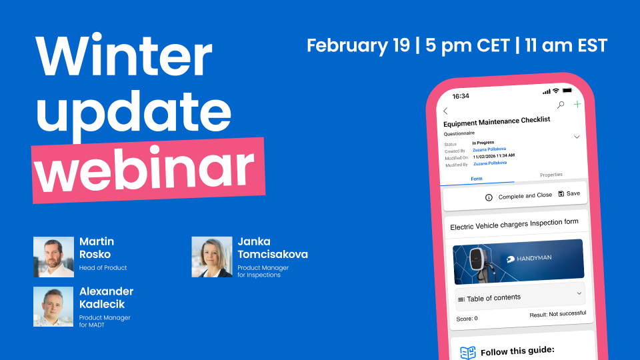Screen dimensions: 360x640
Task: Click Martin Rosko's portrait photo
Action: click(53, 257)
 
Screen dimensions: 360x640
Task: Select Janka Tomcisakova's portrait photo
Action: click(211, 257)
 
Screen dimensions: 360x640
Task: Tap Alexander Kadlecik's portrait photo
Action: click(53, 307)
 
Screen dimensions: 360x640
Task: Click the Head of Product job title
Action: click(103, 268)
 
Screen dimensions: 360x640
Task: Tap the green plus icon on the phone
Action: click(577, 105)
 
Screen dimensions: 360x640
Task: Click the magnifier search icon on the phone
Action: click(561, 105)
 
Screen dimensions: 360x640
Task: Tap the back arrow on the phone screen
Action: click(445, 111)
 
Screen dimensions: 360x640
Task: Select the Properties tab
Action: click(551, 175)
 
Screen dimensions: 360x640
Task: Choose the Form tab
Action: click(477, 179)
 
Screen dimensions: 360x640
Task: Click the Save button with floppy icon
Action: click(569, 193)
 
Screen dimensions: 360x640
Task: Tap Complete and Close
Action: click(519, 196)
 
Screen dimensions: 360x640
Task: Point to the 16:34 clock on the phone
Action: click(461, 96)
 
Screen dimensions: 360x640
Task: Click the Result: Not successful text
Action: click(557, 314)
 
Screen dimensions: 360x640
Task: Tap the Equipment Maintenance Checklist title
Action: click(497, 120)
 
